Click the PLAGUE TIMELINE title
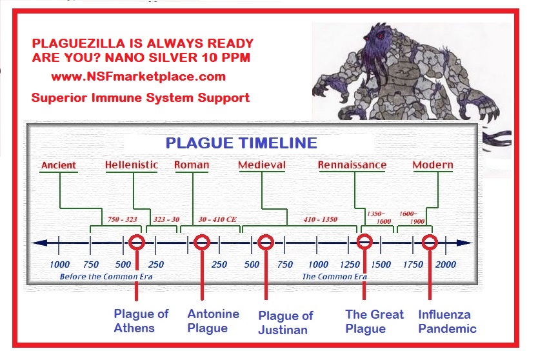(241, 143)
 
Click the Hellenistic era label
(132, 165)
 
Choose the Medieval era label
(262, 165)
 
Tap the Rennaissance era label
(352, 165)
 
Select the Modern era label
(433, 165)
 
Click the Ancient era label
(58, 165)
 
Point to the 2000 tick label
(445, 265)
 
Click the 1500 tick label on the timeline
(381, 265)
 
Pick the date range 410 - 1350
(321, 219)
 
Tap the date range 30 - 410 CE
(217, 219)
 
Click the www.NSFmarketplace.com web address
(139, 77)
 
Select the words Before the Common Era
(106, 277)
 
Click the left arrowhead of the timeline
(39, 243)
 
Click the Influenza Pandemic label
(448, 321)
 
